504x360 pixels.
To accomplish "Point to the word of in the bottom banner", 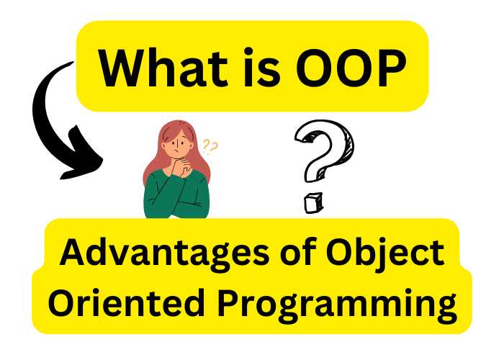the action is [297, 252].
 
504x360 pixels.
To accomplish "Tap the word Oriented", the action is [127, 303].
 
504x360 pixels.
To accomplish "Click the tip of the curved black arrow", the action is [61, 178].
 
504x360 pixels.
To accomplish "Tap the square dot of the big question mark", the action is [313, 203].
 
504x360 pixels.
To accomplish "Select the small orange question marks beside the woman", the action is [210, 147].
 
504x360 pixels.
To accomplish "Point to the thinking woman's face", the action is [178, 144].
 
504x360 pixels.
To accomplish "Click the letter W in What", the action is [123, 68].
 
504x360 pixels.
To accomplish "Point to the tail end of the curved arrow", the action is [73, 63].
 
